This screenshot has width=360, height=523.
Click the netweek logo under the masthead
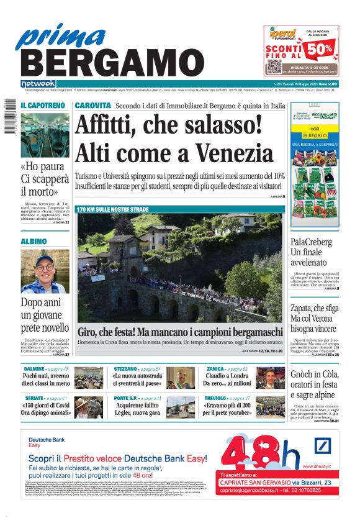[38, 84]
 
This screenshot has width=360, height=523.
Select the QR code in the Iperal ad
[274, 66]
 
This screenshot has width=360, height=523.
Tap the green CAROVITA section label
[93, 106]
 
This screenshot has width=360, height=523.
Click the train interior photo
[45, 135]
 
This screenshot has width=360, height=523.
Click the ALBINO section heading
[34, 241]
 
